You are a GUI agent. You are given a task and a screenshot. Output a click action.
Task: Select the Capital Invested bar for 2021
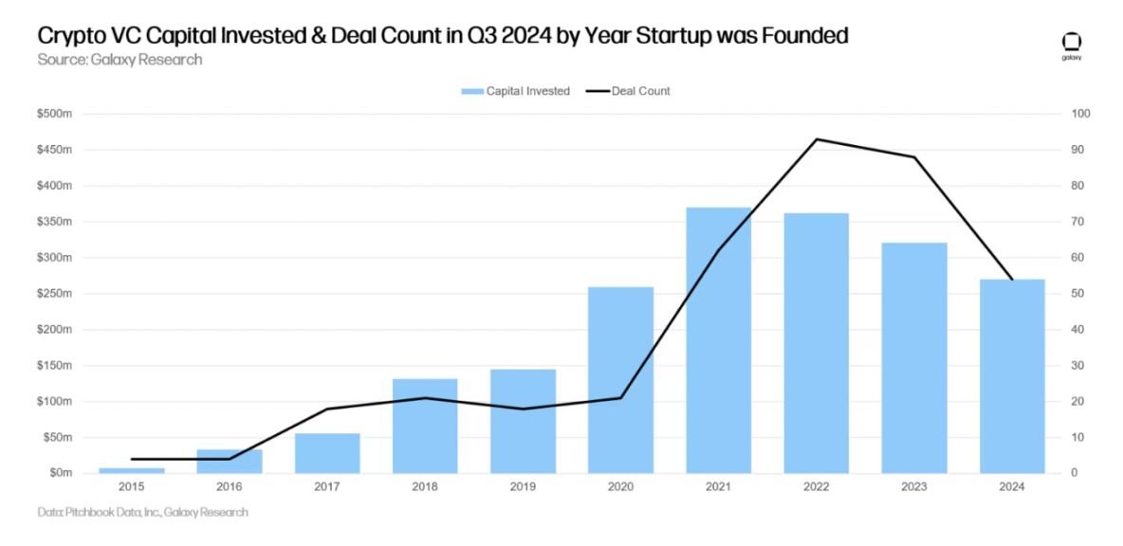(718, 340)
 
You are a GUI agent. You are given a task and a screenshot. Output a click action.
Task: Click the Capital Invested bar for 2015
(131, 470)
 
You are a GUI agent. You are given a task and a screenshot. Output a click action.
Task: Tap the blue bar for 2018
(425, 426)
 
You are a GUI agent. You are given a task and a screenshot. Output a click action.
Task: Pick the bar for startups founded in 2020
(620, 379)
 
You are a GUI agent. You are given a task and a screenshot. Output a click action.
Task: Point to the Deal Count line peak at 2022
(816, 139)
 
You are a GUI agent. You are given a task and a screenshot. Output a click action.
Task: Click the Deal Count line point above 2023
(914, 157)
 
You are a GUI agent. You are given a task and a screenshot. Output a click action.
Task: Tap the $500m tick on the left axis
(55, 115)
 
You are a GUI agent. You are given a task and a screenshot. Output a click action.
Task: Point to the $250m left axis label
(55, 294)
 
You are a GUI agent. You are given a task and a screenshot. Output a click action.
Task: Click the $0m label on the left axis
(60, 473)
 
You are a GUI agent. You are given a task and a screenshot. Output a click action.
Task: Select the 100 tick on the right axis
(1082, 115)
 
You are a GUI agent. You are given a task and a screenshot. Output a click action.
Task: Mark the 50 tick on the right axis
(1079, 294)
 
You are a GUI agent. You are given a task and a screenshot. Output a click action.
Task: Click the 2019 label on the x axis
(523, 487)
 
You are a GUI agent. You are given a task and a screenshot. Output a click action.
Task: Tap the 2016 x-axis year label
(229, 487)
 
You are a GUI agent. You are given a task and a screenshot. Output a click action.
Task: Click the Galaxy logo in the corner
(1072, 45)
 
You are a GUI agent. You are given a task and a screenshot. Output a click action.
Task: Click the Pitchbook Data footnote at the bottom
(142, 513)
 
